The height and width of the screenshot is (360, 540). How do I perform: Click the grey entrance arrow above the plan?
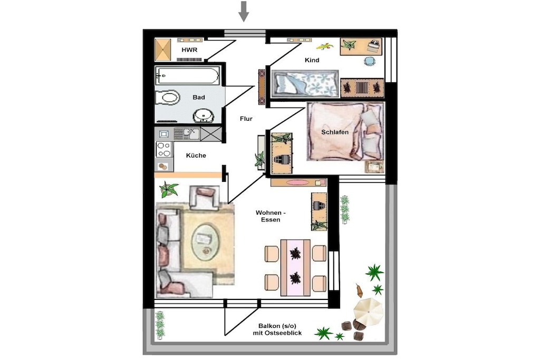(244, 11)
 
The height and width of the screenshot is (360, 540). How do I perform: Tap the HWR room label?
(189, 50)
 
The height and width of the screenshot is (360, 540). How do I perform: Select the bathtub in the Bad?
(188, 76)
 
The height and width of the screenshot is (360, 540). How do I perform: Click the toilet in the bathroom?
(168, 98)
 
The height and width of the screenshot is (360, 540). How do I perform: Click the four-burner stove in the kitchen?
(164, 149)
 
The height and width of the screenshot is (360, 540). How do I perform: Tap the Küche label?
(196, 155)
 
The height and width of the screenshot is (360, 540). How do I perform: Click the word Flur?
(246, 119)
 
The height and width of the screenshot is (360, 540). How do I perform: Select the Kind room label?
(312, 60)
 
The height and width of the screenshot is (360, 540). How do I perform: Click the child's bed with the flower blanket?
(305, 84)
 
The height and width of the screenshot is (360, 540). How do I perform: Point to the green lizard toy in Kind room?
(325, 46)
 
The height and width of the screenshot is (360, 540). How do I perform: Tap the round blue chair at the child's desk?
(370, 61)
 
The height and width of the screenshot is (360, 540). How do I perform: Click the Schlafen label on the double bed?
(335, 132)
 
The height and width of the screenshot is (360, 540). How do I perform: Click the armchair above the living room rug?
(205, 198)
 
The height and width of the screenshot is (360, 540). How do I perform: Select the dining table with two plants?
(295, 268)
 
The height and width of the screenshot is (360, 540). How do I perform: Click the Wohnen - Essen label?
(271, 216)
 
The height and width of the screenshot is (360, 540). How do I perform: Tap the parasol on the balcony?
(368, 312)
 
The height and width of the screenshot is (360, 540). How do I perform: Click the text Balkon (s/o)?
(277, 326)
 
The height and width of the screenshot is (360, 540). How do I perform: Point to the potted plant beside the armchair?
(169, 190)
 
